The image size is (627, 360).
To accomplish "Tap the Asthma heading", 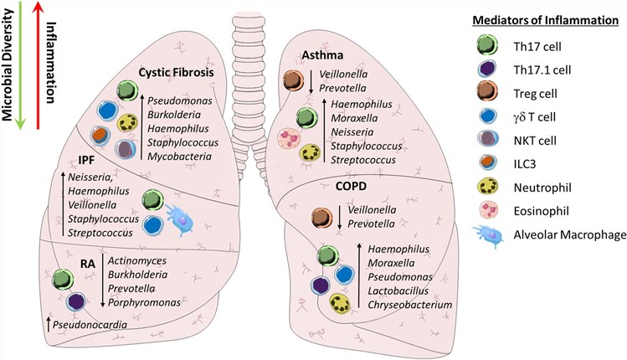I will [x=322, y=55].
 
